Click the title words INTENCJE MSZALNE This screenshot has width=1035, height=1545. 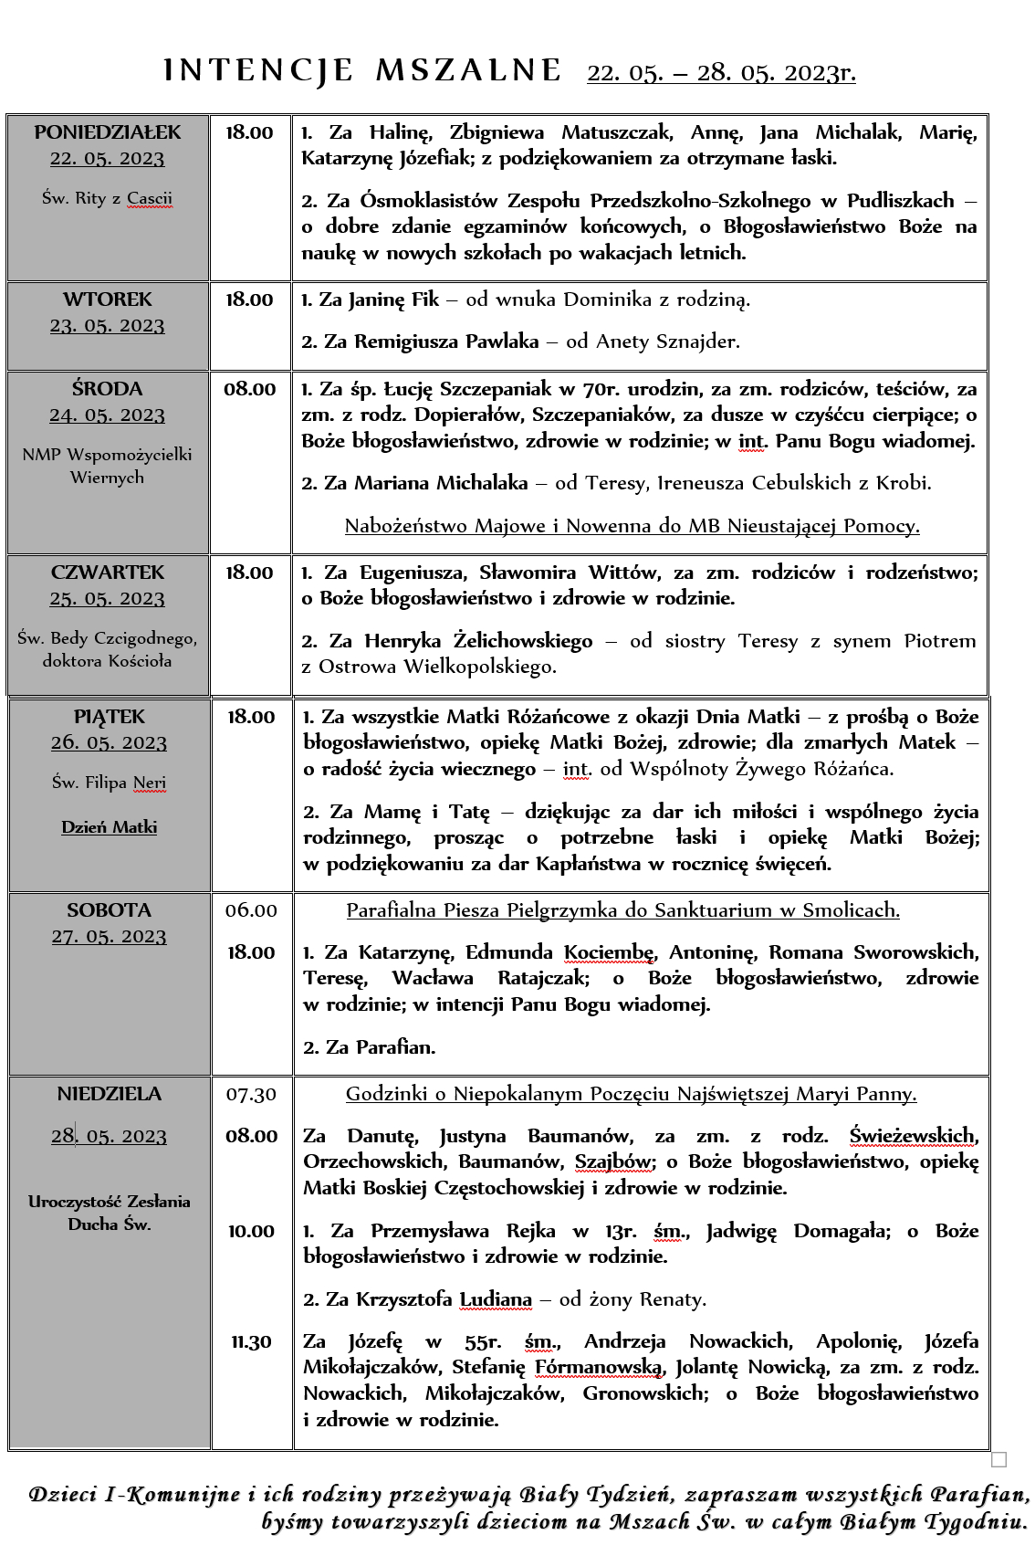362,70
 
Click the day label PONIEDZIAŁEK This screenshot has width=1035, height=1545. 108,132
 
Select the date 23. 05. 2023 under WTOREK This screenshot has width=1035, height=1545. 108,326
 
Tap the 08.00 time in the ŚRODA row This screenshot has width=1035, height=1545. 249,389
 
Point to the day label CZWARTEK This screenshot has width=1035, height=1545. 108,573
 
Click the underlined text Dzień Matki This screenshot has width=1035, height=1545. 110,827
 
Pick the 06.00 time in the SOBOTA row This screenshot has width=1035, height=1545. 251,910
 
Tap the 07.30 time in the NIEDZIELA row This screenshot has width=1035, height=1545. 251,1094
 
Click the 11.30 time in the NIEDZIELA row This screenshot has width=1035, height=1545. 251,1341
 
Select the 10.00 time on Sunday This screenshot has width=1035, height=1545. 251,1231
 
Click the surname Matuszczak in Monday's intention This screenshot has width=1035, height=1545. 617,132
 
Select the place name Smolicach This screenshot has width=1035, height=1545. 853,910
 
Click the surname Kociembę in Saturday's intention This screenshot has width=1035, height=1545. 609,952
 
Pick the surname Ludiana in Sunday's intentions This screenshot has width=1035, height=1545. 496,1299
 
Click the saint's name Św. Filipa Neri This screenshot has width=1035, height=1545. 109,783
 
